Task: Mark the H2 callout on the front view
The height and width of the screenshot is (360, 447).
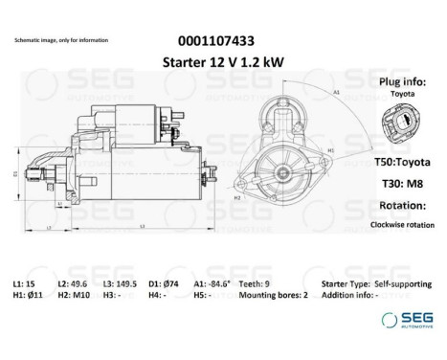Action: coord(239,195)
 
